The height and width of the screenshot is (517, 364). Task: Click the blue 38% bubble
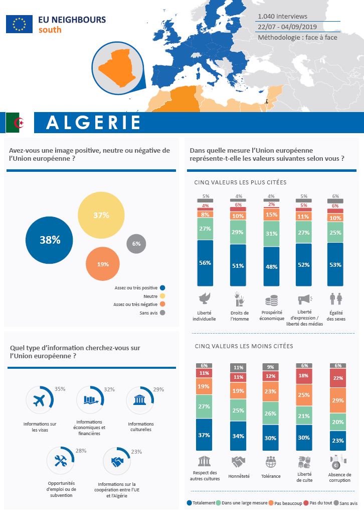[x=50, y=240]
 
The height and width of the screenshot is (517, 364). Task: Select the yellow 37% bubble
[x=101, y=215]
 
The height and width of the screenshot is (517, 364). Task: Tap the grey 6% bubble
[x=136, y=244]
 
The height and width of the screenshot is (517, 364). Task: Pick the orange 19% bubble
[x=103, y=264]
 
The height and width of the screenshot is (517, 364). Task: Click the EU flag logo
[x=19, y=24]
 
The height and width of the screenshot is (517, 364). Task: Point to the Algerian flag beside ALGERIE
[x=19, y=122]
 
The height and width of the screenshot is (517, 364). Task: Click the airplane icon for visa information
[x=39, y=400]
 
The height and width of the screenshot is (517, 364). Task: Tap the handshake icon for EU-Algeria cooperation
[x=117, y=461]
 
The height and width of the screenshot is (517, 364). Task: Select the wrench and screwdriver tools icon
[x=60, y=462]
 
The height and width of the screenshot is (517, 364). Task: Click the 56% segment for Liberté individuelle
[x=206, y=263]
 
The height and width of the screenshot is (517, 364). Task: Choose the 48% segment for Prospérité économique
[x=271, y=266]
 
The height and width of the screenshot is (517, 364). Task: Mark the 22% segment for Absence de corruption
[x=337, y=378]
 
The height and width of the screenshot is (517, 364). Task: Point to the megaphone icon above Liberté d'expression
[x=304, y=300]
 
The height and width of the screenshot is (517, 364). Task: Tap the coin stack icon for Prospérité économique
[x=271, y=300]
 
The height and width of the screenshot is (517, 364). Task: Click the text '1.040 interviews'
[x=282, y=17]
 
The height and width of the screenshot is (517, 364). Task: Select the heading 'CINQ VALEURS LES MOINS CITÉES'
[x=243, y=346]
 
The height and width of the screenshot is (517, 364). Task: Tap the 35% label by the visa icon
[x=60, y=389]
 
